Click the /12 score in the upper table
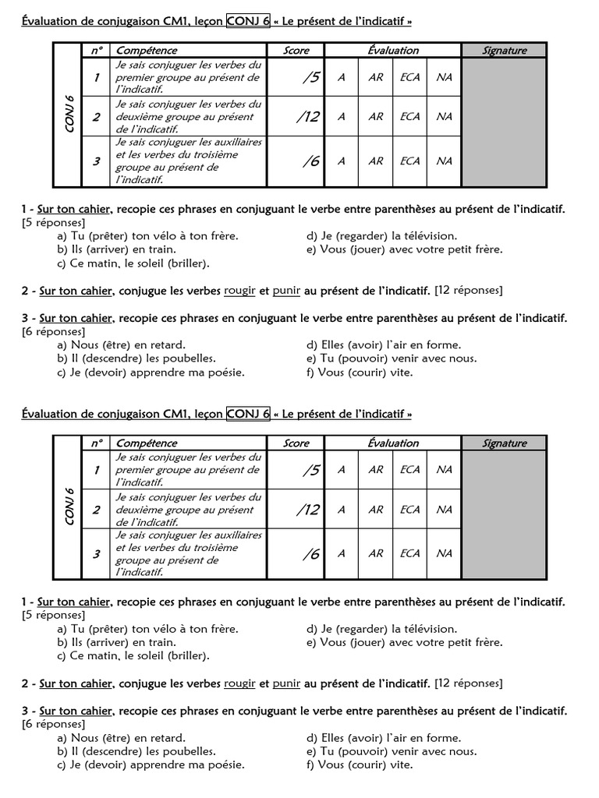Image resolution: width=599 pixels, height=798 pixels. pos(308,117)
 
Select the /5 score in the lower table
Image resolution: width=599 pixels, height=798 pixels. pos(310,470)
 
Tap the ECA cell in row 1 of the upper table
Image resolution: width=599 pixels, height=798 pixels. pos(409,77)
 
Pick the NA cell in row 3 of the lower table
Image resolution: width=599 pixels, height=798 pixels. pos(444,553)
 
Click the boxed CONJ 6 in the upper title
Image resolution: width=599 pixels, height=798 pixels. pos(248,21)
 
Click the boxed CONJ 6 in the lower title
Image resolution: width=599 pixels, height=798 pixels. pos(248,414)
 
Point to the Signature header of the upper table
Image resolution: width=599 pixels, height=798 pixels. pos(504,51)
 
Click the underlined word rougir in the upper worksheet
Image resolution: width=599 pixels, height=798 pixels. pos(239,291)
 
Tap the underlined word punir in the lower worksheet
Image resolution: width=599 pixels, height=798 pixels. pos(286,683)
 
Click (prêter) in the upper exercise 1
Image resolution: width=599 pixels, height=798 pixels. pos(108,236)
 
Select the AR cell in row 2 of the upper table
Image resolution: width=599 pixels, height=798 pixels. pos(376,117)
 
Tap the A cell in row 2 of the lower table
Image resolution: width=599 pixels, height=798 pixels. pos(342,510)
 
